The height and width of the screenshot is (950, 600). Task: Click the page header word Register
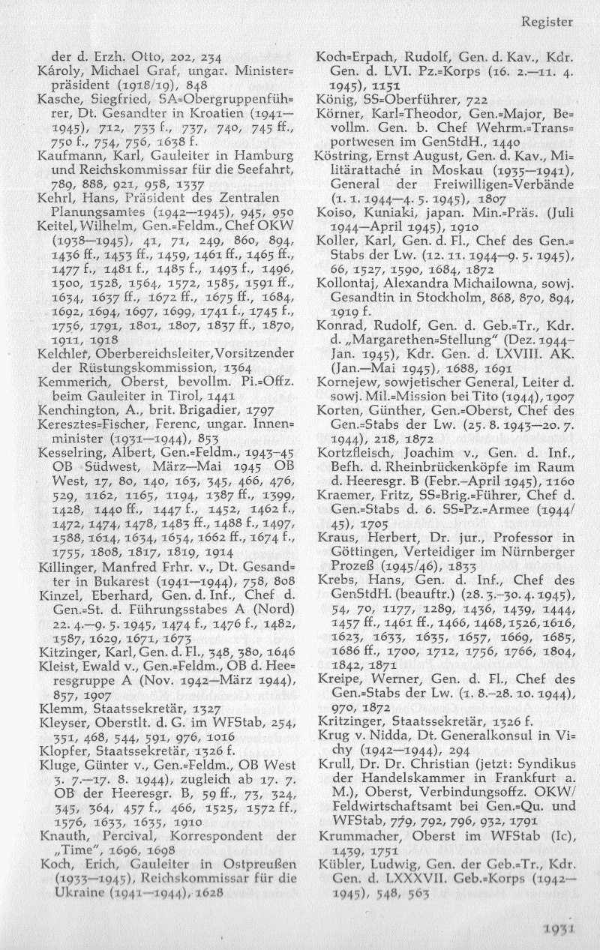pyautogui.click(x=547, y=22)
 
